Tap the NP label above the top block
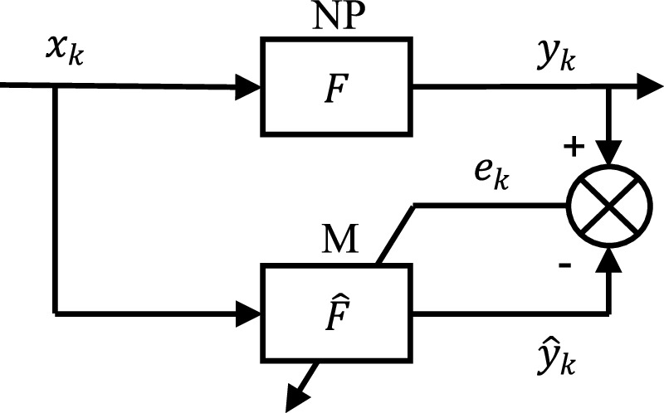[x=338, y=16]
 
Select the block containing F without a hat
[x=338, y=85]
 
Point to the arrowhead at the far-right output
[x=647, y=85]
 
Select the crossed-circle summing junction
[x=611, y=205]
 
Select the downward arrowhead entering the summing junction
[x=611, y=153]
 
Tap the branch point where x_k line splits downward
[x=55, y=85]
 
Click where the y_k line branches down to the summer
[x=611, y=85]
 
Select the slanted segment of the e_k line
[x=396, y=234]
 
